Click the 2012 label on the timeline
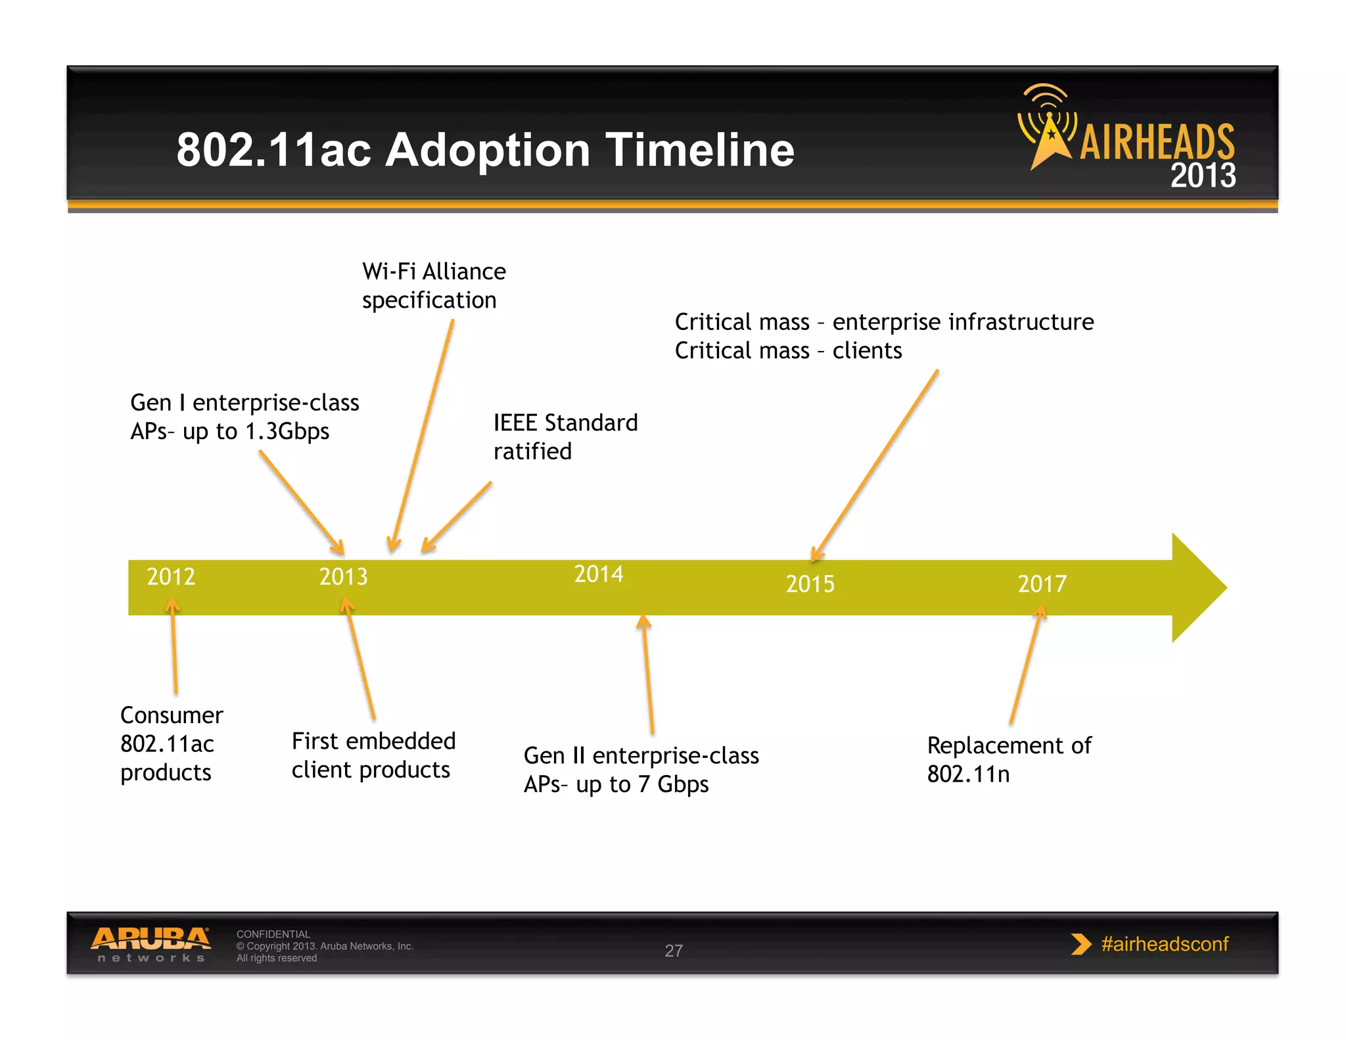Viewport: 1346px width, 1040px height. coord(171,577)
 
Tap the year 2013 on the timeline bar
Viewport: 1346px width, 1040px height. coord(343,577)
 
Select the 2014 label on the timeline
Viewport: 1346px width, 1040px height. coord(598,574)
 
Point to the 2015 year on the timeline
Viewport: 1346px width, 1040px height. coord(810,584)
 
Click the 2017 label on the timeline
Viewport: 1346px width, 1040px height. coord(1042,584)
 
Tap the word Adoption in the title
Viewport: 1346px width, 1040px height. coord(487,151)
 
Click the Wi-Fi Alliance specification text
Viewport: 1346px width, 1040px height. coord(433,285)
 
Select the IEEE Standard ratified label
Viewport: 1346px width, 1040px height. coord(565,437)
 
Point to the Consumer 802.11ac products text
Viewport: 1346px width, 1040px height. coord(171,744)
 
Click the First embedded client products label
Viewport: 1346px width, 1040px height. coord(373,755)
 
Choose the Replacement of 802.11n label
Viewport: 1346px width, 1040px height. coord(1008,759)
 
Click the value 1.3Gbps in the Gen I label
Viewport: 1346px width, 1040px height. coord(287,431)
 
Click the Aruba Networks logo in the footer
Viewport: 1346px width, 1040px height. coord(151,943)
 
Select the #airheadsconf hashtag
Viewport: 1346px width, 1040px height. coord(1164,944)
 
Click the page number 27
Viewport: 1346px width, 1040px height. coord(674,951)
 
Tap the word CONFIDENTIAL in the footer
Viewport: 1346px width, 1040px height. coord(273,934)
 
